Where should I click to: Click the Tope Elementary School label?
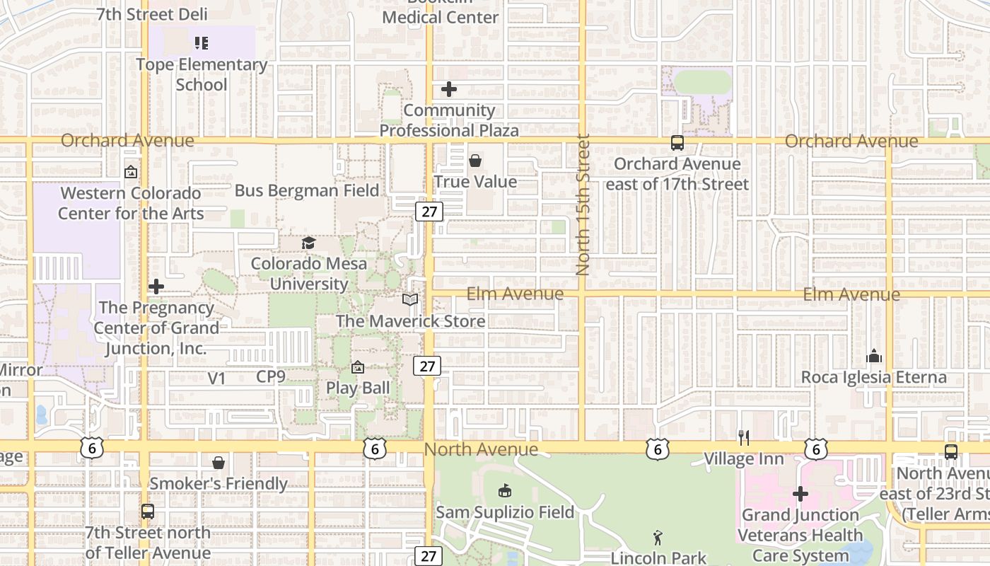pos(202,74)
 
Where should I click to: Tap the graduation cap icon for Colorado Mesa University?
pos(308,243)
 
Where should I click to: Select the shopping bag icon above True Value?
pos(475,161)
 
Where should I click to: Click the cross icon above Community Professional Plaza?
pos(449,90)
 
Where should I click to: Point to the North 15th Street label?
pos(583,205)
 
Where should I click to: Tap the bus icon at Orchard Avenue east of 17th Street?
pos(677,143)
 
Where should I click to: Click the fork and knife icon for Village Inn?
pos(743,438)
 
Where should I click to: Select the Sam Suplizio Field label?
pos(505,512)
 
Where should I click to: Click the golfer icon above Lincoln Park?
pos(658,538)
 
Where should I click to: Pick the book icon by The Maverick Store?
pos(410,300)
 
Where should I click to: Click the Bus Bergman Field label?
pos(307,190)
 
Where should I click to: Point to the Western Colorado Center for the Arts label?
pos(131,203)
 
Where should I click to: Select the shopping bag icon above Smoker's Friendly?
pos(219,463)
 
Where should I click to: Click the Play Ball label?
pos(358,388)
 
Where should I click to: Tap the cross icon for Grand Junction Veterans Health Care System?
pos(800,493)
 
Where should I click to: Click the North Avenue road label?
pos(481,449)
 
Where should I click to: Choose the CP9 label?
pos(271,377)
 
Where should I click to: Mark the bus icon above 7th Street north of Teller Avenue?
pos(147,511)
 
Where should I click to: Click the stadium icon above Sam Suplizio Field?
pos(505,490)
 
